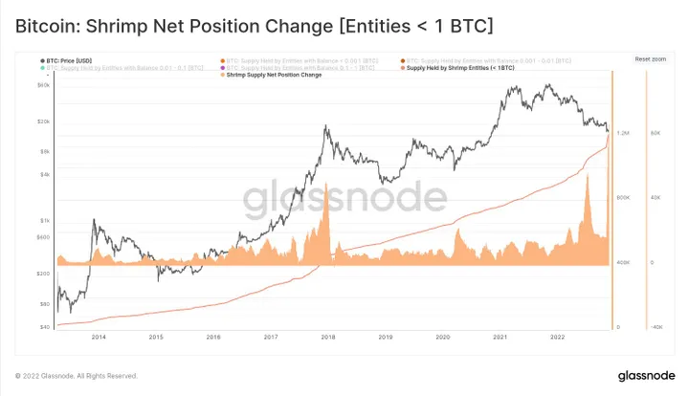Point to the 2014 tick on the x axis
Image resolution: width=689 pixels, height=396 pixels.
(99, 337)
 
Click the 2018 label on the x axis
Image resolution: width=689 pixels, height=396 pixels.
(327, 337)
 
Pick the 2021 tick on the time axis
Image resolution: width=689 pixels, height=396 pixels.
(499, 337)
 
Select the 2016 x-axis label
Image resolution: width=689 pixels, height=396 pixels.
(213, 337)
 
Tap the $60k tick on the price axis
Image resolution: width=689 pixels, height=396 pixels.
(44, 85)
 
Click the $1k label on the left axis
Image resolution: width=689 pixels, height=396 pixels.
(45, 221)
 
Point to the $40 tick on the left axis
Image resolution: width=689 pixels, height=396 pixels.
(45, 327)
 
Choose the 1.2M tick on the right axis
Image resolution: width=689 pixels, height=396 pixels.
(623, 132)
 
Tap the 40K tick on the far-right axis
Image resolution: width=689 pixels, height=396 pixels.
(656, 197)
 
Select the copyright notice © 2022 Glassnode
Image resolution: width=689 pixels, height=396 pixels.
(77, 375)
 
